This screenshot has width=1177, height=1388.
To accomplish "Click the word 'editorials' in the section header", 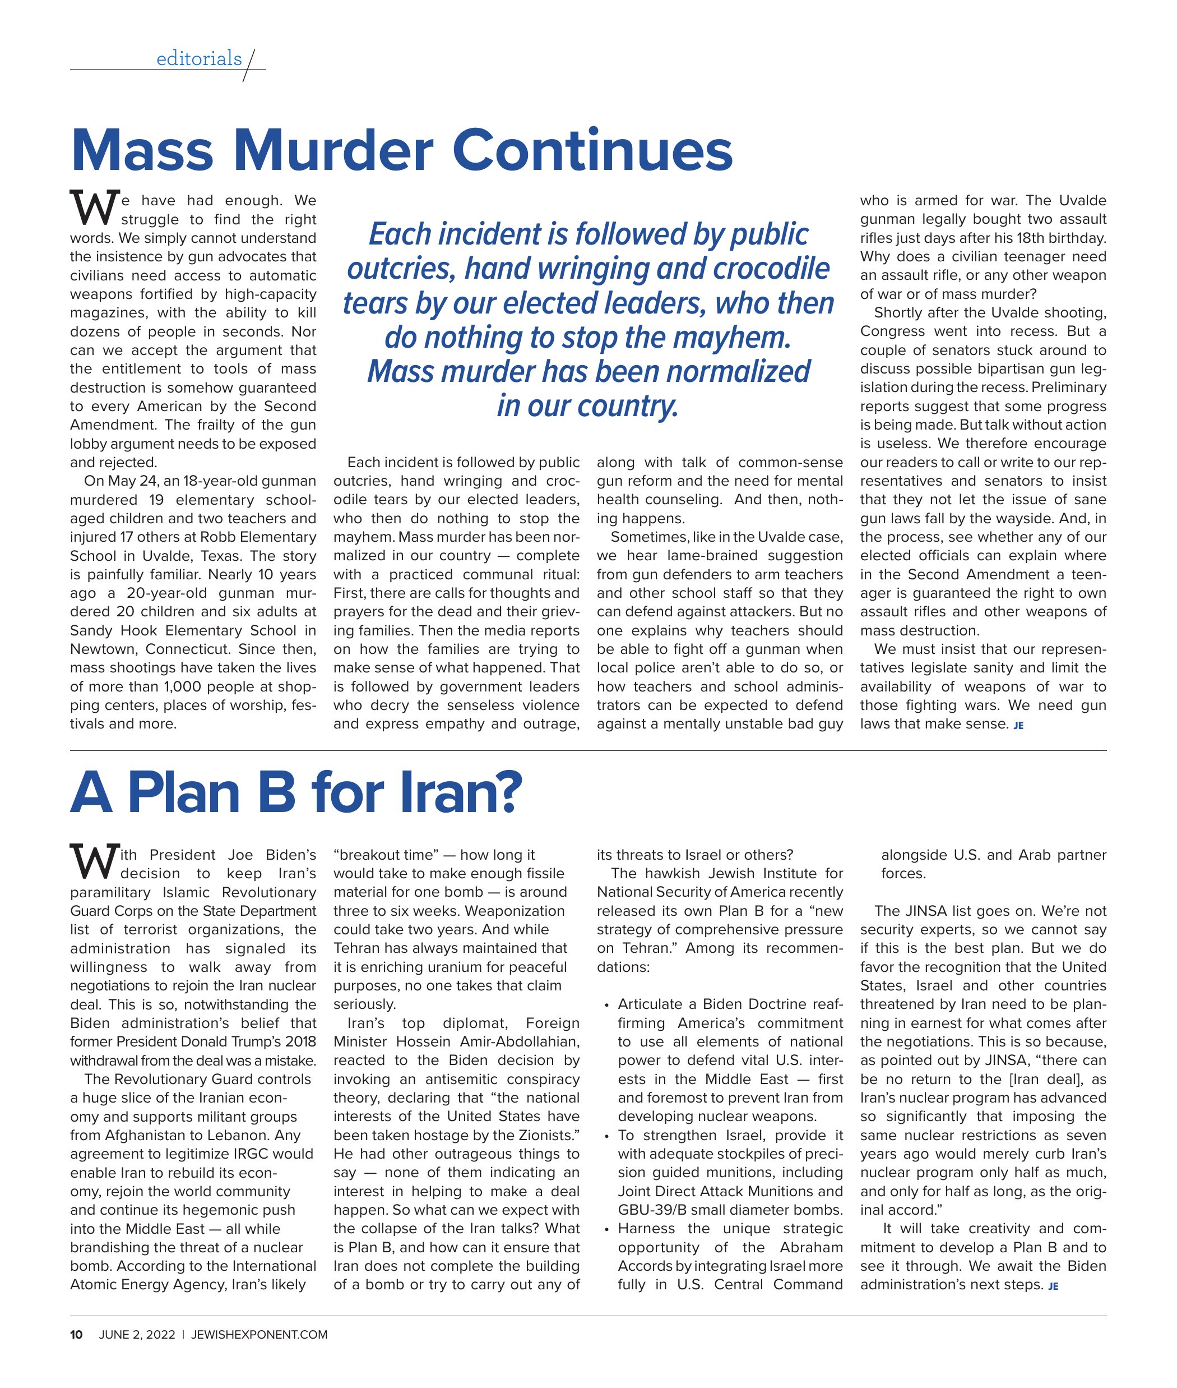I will click(x=199, y=59).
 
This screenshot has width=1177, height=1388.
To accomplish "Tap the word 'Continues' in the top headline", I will click(x=592, y=150).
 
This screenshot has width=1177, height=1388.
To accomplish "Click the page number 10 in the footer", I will click(x=76, y=1335).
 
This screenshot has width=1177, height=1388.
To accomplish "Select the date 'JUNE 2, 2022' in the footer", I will click(x=137, y=1335).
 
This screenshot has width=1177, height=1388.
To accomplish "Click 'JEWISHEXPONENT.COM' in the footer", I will click(x=259, y=1335).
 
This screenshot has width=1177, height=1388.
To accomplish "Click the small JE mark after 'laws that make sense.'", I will click(x=1018, y=725).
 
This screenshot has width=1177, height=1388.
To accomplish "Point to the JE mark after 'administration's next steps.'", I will click(x=1053, y=1286).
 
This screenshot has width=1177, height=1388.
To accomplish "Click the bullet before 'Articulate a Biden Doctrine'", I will click(x=606, y=1005).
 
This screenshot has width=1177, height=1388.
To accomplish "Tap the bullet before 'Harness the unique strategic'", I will click(x=606, y=1229).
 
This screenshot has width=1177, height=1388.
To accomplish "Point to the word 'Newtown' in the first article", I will click(x=105, y=649).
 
